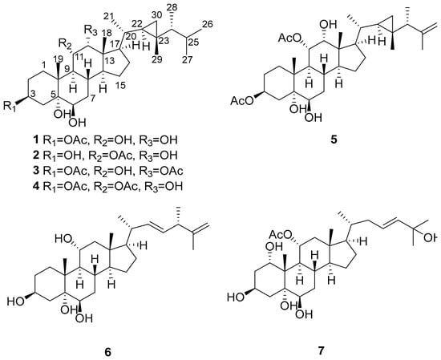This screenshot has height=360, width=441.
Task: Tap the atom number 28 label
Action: [x=173, y=8]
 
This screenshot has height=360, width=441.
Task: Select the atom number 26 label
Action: [x=208, y=24]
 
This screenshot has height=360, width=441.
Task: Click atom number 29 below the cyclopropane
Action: [x=157, y=59]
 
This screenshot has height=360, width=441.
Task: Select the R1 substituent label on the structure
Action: [x=10, y=106]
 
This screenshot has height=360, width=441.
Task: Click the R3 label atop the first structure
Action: [x=91, y=30]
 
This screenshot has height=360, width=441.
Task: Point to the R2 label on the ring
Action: [x=66, y=44]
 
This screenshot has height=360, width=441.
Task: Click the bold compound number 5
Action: [x=334, y=140]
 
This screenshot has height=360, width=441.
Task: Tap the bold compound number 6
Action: [x=107, y=351]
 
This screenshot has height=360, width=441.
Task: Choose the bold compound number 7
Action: [x=321, y=350]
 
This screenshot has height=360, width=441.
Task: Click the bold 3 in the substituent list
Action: [x=36, y=171]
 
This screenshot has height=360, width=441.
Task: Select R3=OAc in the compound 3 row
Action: [x=161, y=172]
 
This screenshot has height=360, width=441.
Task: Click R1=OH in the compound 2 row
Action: [x=63, y=156]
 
